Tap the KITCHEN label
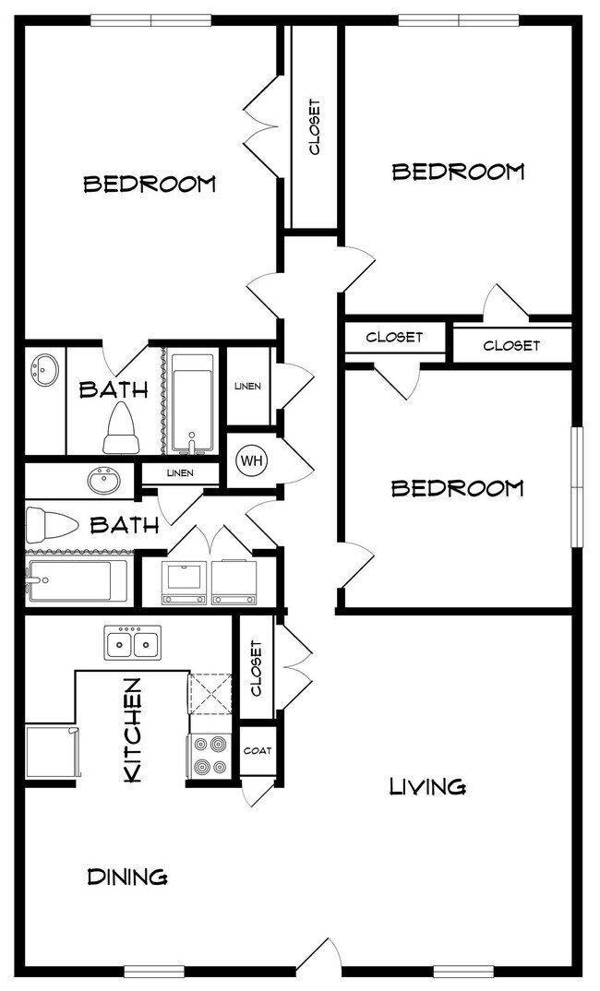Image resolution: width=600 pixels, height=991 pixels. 132,730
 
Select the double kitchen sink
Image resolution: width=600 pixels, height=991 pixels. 132,643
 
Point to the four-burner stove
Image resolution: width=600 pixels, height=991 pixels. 210,756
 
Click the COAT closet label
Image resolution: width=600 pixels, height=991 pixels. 258,751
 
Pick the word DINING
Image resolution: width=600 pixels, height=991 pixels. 127,878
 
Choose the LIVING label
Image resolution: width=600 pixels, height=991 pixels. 427,787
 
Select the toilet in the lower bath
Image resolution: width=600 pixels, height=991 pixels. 52,525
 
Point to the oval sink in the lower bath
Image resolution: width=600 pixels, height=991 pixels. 104,482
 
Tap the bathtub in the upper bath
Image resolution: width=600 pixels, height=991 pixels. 193,402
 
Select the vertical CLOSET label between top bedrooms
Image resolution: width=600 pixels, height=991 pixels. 314,127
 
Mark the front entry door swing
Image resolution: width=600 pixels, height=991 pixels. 319,954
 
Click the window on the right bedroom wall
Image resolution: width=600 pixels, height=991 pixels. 577,486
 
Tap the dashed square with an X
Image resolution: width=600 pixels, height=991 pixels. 210,694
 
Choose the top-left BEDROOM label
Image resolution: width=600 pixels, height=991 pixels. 150,184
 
